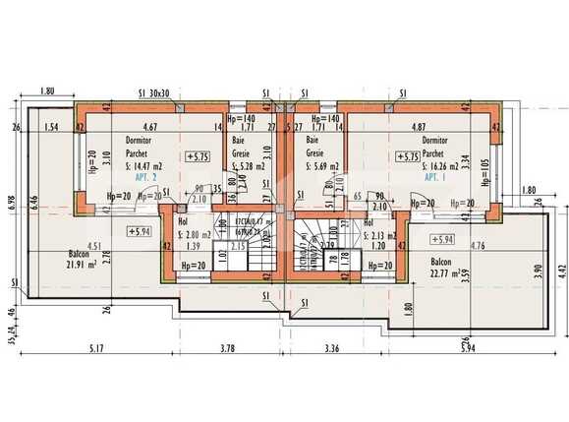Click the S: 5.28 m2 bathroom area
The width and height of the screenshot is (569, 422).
point(245,166)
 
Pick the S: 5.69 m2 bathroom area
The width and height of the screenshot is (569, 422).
point(322,166)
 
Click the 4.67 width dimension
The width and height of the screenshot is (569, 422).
point(150,127)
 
